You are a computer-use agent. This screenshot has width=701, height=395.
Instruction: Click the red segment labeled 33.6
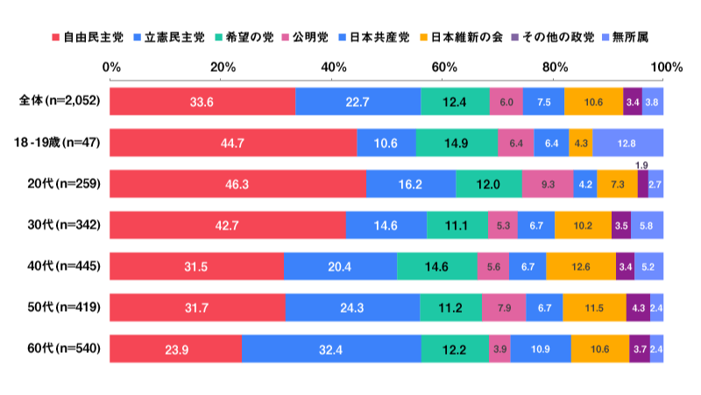202,102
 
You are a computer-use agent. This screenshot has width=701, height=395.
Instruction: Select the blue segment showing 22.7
358,102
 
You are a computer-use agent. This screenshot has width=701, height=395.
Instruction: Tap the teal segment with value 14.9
457,143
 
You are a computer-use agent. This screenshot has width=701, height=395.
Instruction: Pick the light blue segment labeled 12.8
627,143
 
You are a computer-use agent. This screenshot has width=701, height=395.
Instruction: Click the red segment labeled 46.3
237,184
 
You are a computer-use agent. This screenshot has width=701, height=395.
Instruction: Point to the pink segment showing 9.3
548,184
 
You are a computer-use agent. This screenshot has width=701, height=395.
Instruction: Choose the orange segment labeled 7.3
617,184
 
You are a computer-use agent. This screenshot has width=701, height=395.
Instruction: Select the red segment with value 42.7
228,225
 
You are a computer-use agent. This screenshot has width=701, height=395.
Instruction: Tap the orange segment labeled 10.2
583,225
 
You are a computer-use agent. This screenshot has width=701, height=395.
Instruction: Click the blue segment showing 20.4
340,266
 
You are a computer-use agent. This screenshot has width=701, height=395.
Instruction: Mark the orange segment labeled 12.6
581,266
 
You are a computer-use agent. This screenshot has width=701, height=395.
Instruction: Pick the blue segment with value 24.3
352,307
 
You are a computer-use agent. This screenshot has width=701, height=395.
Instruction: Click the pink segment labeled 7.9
503,307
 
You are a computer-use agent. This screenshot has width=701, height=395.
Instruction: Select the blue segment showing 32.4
331,349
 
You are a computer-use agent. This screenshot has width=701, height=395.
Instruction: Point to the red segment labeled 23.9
175,349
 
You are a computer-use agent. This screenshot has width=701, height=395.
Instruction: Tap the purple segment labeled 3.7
639,349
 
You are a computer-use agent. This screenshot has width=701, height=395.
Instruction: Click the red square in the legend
56,38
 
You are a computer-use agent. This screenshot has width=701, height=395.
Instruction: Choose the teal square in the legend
218,38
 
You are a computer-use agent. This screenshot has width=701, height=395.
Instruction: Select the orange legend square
423,38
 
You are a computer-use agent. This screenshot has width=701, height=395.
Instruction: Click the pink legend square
286,38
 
